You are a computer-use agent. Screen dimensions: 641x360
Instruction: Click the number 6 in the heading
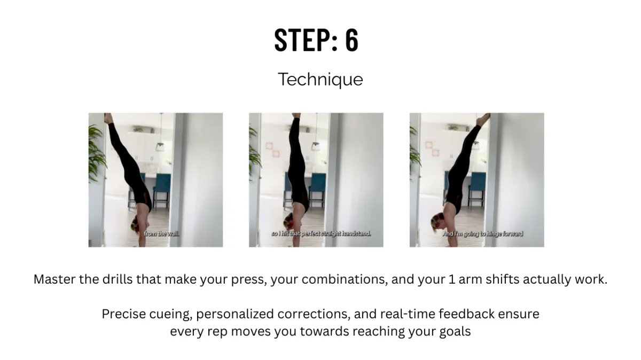tap(351, 40)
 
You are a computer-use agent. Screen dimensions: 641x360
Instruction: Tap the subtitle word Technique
tap(320, 80)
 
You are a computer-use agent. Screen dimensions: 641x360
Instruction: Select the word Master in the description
tap(54, 279)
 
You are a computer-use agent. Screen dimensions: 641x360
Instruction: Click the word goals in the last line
tap(455, 332)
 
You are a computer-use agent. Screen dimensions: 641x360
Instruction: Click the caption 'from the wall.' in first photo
tap(162, 234)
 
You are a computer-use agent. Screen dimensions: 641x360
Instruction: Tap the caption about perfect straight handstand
tap(321, 234)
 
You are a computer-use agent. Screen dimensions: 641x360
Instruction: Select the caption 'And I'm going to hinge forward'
tap(483, 234)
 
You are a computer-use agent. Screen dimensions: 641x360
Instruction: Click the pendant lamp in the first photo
tap(160, 146)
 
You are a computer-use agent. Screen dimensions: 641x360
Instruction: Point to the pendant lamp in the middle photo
tap(316, 146)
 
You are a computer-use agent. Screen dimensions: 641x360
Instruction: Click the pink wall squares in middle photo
tap(272, 150)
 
